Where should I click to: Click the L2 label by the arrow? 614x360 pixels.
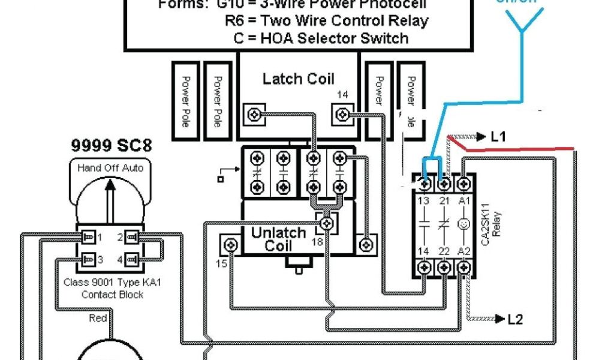[515, 319]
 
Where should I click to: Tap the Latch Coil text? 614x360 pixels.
[298, 79]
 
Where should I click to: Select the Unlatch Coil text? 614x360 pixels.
[278, 239]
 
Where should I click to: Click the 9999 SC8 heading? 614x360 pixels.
[112, 145]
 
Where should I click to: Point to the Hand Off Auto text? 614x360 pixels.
[110, 168]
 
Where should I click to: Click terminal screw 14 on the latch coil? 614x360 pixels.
[343, 112]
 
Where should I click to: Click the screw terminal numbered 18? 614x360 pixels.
[326, 224]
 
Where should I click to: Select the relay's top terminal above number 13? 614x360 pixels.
[425, 182]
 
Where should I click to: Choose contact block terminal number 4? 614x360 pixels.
[133, 259]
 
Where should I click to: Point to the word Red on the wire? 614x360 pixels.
[98, 318]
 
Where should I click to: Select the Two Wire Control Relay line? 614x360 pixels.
[327, 20]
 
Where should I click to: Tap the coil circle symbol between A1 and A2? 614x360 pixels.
[463, 226]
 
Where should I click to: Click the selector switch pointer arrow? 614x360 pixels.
[110, 198]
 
